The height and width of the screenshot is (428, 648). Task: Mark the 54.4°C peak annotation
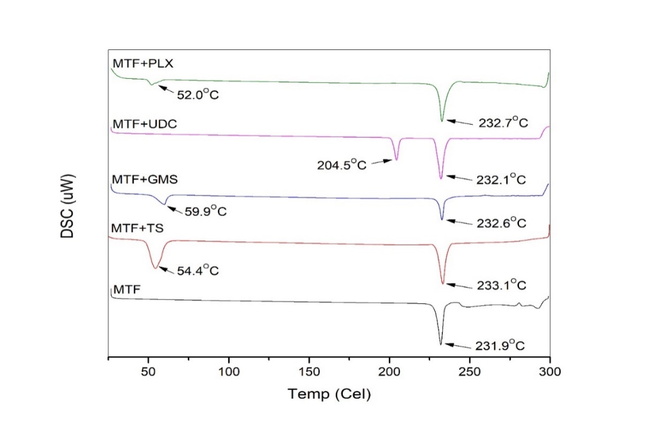click(198, 271)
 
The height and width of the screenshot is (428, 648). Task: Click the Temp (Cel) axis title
click(329, 394)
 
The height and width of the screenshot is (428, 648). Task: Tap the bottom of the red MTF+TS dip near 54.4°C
click(156, 268)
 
